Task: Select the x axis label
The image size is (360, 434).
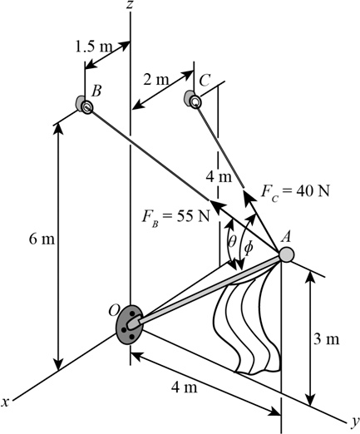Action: click(7, 402)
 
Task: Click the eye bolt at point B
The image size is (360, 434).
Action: click(84, 105)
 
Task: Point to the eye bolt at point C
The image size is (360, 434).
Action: click(194, 101)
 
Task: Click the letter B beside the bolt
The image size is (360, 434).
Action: click(97, 91)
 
